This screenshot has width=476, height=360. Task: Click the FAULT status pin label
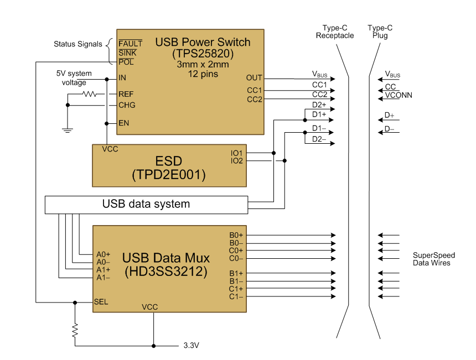(x=131, y=43)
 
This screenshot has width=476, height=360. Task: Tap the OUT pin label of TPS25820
(x=255, y=78)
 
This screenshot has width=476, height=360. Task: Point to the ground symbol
(x=68, y=131)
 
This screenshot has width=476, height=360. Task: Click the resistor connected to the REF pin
(x=90, y=94)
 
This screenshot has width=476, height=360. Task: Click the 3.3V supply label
(x=191, y=346)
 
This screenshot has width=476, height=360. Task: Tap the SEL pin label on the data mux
(x=101, y=302)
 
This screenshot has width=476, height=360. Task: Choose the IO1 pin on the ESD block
(x=237, y=153)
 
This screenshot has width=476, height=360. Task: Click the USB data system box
(x=146, y=205)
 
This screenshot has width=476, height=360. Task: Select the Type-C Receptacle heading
(x=334, y=32)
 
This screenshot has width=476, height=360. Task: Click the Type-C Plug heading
(x=380, y=32)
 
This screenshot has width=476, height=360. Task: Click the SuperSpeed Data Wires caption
(x=433, y=259)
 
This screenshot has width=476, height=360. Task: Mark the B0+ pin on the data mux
(x=236, y=235)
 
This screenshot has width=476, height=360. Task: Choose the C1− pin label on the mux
(x=236, y=296)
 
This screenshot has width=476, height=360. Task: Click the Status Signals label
(x=77, y=44)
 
